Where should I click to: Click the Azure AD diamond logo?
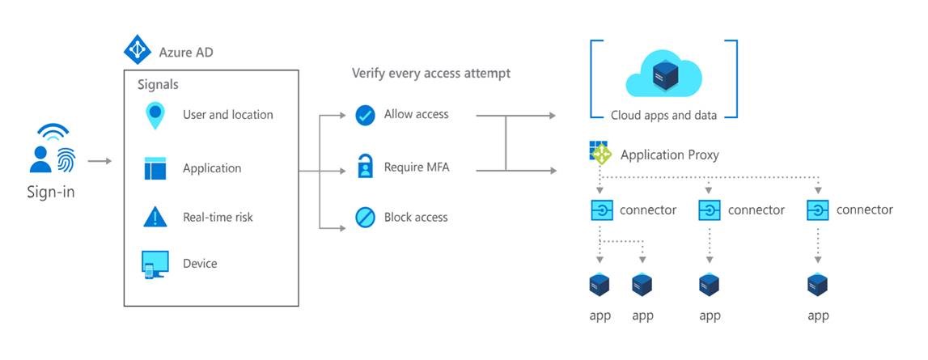click(137, 49)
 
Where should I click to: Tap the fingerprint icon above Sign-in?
click(65, 159)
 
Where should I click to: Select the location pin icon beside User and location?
click(154, 115)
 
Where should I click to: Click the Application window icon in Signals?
click(154, 168)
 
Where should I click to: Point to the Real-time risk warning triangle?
click(154, 217)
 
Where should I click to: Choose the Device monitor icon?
click(154, 265)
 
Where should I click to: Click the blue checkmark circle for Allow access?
click(365, 115)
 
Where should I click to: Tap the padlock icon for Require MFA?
click(365, 168)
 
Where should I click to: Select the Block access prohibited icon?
click(365, 217)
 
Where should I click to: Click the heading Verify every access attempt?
click(430, 74)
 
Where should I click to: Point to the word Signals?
click(159, 84)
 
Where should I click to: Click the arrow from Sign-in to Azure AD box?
click(100, 161)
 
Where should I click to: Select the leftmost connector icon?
click(601, 210)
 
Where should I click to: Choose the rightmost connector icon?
click(818, 210)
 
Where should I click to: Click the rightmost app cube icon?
click(818, 285)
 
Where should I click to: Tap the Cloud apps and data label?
click(663, 115)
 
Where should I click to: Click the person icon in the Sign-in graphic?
click(40, 159)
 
